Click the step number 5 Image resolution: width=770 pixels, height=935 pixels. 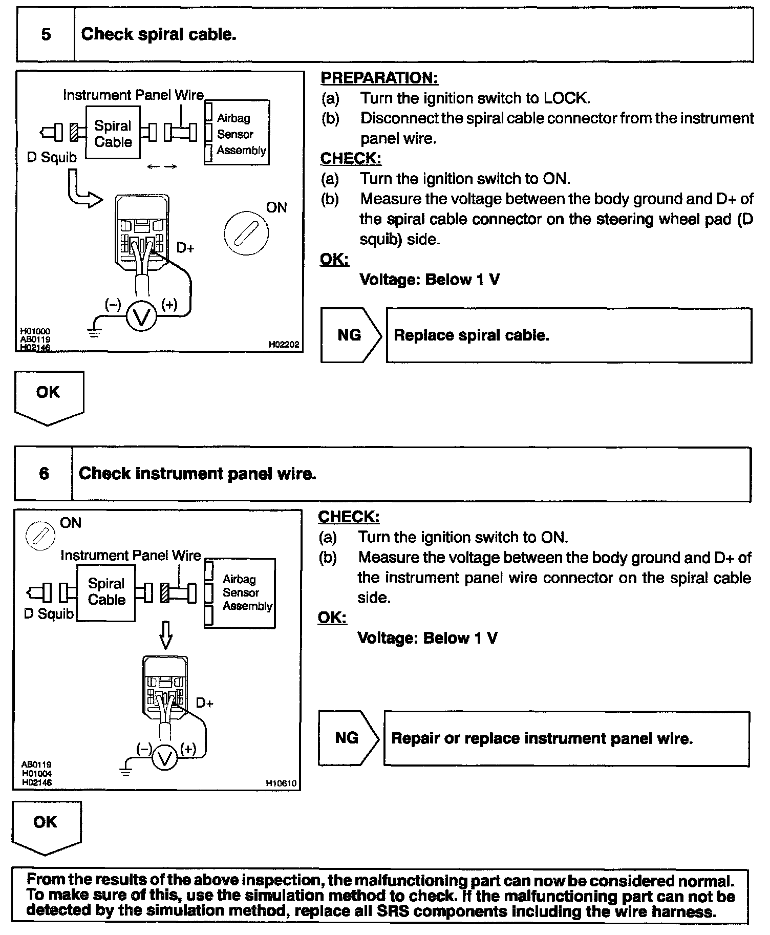pos(46,35)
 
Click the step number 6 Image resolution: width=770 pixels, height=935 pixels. pos(44,473)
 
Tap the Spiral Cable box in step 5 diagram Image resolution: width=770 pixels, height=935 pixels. pos(113,133)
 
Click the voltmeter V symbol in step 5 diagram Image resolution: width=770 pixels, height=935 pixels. pos(141,318)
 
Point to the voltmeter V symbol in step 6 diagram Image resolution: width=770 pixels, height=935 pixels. pos(165,759)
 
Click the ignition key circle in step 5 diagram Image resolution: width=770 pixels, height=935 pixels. pos(246,232)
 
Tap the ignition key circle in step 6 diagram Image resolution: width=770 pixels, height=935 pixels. pos(40,536)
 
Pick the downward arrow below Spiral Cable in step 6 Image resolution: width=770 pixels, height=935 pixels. pos(165,635)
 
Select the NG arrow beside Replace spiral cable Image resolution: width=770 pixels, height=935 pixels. pos(351,335)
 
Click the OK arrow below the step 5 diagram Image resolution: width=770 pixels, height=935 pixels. pos(49,397)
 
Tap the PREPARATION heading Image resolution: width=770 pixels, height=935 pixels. pos(379,78)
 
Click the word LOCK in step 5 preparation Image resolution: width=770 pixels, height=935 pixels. pos(566,98)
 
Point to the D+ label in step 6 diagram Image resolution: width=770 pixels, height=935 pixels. pos(205,703)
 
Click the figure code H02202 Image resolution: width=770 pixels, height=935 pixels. pos(284,345)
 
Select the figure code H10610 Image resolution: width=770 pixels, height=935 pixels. pos(281,783)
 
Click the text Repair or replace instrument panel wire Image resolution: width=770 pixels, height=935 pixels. pos(542,738)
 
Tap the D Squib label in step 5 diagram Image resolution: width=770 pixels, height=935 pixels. pos(51,158)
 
